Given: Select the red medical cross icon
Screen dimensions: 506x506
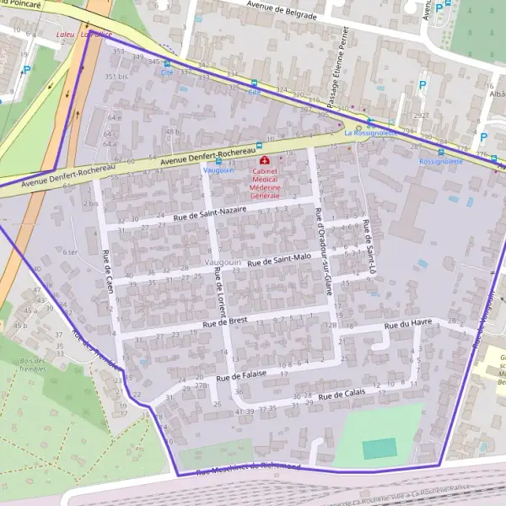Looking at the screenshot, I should pyautogui.click(x=265, y=159).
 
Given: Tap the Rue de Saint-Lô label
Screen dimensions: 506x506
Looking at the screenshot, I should pyautogui.click(x=369, y=244).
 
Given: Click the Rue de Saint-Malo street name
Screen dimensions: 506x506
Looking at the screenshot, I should pyautogui.click(x=279, y=261).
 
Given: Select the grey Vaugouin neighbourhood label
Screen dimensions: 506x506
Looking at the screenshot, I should pyautogui.click(x=223, y=263).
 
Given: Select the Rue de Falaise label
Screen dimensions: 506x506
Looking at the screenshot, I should pyautogui.click(x=242, y=374).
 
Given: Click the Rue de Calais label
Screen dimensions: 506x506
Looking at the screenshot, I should pyautogui.click(x=342, y=393).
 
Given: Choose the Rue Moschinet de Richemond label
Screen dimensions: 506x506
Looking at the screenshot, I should pyautogui.click(x=248, y=467).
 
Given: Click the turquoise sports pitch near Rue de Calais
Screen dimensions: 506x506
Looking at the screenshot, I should pyautogui.click(x=379, y=448).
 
